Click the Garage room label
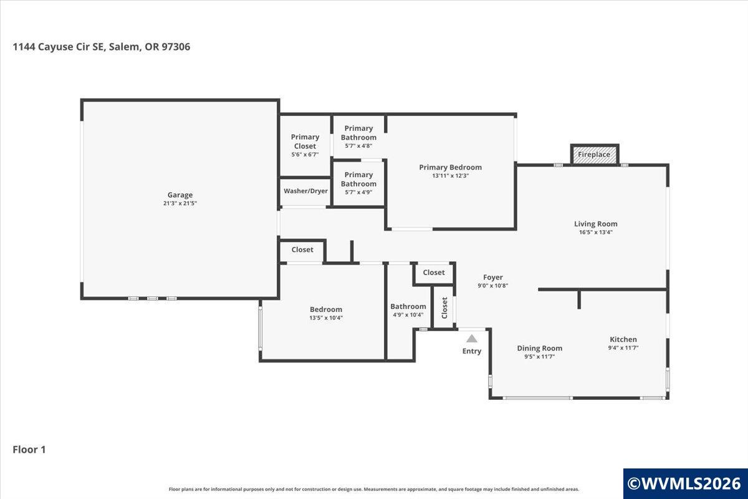(x=180, y=195)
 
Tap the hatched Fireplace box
(x=595, y=155)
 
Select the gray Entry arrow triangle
(x=471, y=339)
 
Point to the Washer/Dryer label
(x=305, y=191)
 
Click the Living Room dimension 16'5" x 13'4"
(x=596, y=232)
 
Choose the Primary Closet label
(x=305, y=142)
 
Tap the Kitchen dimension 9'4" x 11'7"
(x=623, y=347)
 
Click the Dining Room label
(x=540, y=348)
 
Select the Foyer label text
(x=493, y=278)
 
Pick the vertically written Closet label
(x=444, y=308)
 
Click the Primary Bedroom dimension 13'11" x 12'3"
(x=451, y=176)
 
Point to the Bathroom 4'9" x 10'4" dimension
(x=408, y=315)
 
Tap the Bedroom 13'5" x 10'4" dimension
(x=326, y=318)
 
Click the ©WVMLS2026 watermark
(x=684, y=483)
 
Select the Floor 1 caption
(x=29, y=450)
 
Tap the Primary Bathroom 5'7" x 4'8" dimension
(x=358, y=146)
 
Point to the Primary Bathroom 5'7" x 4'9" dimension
(x=358, y=193)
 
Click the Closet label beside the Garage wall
(x=302, y=249)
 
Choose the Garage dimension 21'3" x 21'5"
(x=180, y=203)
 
